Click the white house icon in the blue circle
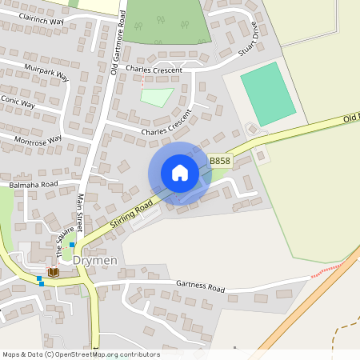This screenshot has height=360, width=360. coord(179,173)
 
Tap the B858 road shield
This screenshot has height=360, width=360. coord(220,161)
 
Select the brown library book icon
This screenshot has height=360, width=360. coord(54,272)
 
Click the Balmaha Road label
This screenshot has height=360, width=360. coord(34,184)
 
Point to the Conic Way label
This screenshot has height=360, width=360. coord(18,104)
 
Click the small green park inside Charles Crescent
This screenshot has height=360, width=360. coord(157,97)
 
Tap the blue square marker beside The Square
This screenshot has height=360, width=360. coord(72,245)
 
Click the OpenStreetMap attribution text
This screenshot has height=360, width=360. coord(81,354)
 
